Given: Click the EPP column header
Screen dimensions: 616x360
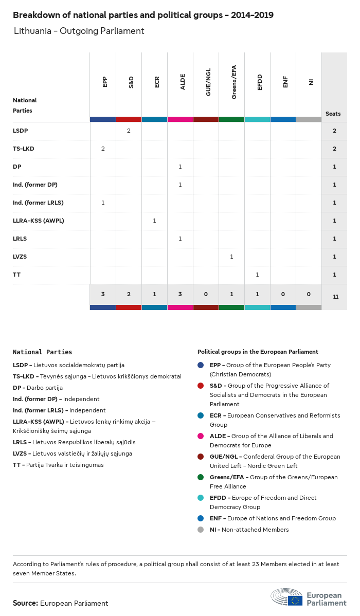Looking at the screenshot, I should coord(105,82).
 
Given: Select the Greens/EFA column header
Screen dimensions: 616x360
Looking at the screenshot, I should coord(233,82).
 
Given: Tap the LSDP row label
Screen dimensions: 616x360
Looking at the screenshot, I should coord(20,131).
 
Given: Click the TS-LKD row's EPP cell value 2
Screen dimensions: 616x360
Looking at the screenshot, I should coord(103,149).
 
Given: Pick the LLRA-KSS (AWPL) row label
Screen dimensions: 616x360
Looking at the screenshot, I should coord(38,221).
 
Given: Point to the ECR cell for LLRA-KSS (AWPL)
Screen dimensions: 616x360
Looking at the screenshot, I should coord(154,221).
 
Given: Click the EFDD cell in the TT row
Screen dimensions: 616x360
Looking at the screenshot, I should coord(257,275).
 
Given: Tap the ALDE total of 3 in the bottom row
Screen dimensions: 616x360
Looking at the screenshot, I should coord(180,294).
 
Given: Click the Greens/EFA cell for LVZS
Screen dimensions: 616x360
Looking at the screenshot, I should coord(231,257).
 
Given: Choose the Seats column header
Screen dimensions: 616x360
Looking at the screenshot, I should coord(333,114).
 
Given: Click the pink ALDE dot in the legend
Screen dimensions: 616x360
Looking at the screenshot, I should coord(201,436).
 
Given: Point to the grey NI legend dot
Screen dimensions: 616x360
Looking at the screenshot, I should coord(201,530).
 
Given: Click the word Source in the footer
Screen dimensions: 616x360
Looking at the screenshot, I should coord(25,603).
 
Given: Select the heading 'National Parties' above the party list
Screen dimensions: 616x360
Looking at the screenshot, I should coord(42,352).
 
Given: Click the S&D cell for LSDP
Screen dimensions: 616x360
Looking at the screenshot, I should coord(129,131).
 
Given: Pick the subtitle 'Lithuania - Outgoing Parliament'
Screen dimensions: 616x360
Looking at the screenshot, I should coord(79,31).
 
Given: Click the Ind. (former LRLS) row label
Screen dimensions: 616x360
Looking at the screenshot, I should coord(38,203).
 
